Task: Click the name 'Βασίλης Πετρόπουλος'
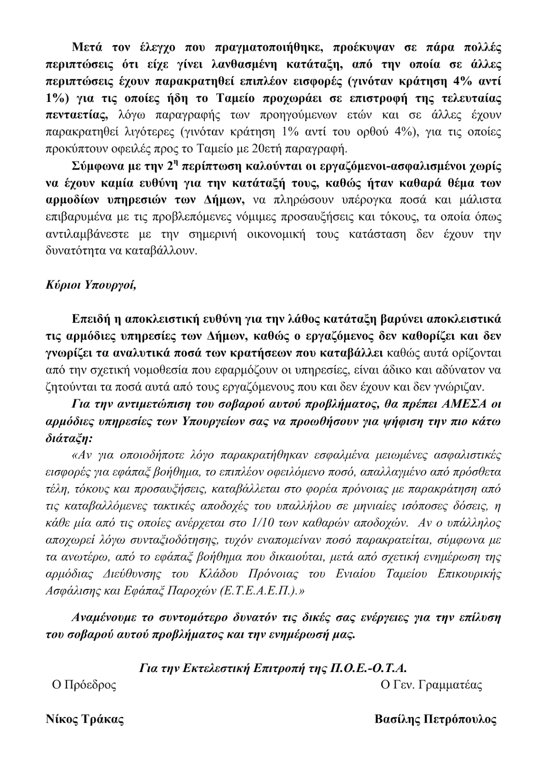coord(435,719)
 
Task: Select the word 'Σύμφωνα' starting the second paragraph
coord(94,167)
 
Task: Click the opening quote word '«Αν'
coord(80,455)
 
